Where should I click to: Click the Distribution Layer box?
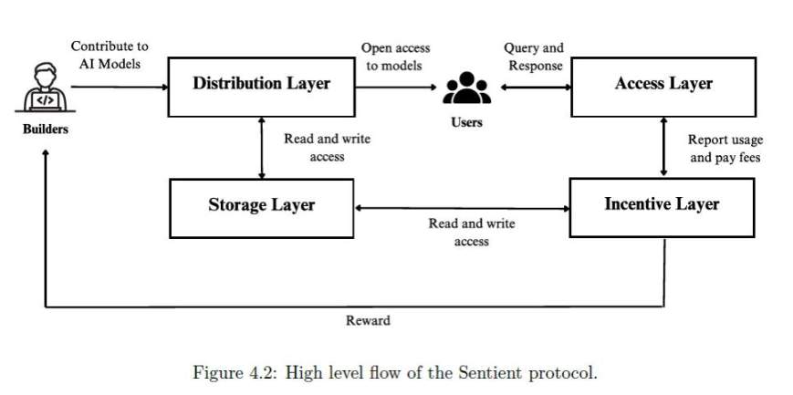click(x=261, y=84)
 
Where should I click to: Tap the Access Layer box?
click(x=663, y=84)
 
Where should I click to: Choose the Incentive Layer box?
click(x=662, y=204)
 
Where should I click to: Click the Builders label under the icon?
click(x=45, y=129)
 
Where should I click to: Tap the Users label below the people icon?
click(x=466, y=122)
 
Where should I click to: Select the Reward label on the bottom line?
click(x=368, y=320)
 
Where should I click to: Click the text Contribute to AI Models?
click(x=110, y=55)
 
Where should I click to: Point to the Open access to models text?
click(x=395, y=57)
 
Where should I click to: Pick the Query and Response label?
click(x=534, y=57)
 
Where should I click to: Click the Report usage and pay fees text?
click(x=725, y=149)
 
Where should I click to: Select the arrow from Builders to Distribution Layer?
click(x=119, y=88)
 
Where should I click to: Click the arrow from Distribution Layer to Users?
click(x=394, y=88)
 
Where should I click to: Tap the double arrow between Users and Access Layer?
click(x=533, y=88)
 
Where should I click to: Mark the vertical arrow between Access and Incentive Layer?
click(x=663, y=147)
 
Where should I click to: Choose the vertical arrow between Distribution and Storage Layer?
click(x=263, y=148)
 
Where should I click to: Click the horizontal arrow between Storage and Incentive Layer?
click(x=461, y=208)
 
